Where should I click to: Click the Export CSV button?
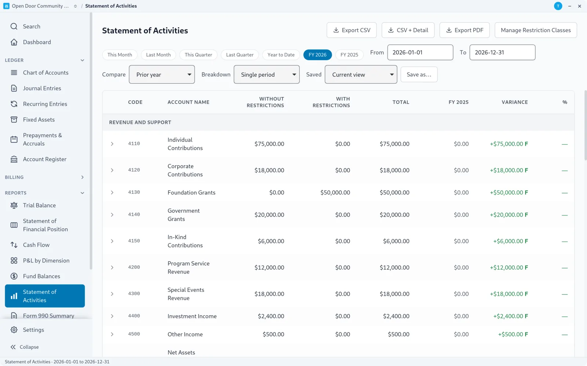(351, 30)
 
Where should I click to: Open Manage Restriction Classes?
(536, 30)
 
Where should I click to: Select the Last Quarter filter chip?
(240, 55)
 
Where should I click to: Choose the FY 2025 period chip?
(349, 55)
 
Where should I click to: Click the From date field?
(420, 52)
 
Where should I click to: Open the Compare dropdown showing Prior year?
(162, 75)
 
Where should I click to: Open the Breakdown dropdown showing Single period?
(266, 75)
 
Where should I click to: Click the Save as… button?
(419, 75)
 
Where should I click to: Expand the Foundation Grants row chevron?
(112, 192)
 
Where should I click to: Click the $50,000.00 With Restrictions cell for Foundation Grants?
(335, 192)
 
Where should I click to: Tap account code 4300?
(134, 294)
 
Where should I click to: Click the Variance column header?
(515, 102)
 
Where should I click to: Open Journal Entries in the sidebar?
(42, 88)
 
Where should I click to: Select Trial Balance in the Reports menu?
(39, 205)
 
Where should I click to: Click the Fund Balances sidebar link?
(41, 276)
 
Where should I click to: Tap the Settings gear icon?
(14, 330)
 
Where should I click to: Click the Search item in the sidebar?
(32, 26)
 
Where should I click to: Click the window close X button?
(579, 6)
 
